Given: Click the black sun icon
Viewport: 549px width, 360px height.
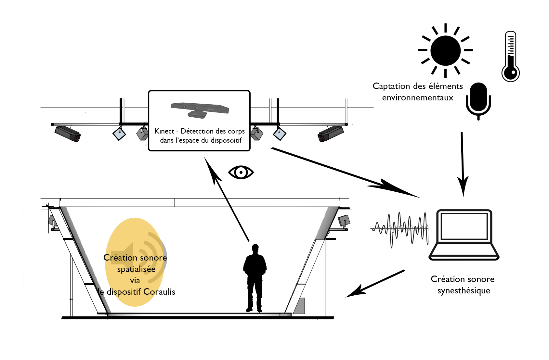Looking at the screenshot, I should (445, 51).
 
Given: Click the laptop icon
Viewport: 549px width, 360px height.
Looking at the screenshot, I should (464, 235).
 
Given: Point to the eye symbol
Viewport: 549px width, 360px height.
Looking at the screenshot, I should (241, 172).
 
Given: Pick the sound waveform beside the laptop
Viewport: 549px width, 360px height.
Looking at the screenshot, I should (400, 229).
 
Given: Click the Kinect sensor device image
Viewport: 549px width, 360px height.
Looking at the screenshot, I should (200, 109).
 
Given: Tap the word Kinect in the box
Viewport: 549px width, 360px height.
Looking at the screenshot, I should (164, 131).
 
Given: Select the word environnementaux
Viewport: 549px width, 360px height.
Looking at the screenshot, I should (417, 98).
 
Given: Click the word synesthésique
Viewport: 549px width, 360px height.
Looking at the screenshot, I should (464, 291).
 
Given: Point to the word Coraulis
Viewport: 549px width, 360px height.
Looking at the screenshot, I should (159, 292).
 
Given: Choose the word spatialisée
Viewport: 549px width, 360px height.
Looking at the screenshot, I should (136, 269).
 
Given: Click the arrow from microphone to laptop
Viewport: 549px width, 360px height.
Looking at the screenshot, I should (462, 162).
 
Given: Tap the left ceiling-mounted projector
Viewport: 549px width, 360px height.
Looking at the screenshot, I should (68, 134).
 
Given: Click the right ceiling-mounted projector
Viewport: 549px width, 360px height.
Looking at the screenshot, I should (331, 134).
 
